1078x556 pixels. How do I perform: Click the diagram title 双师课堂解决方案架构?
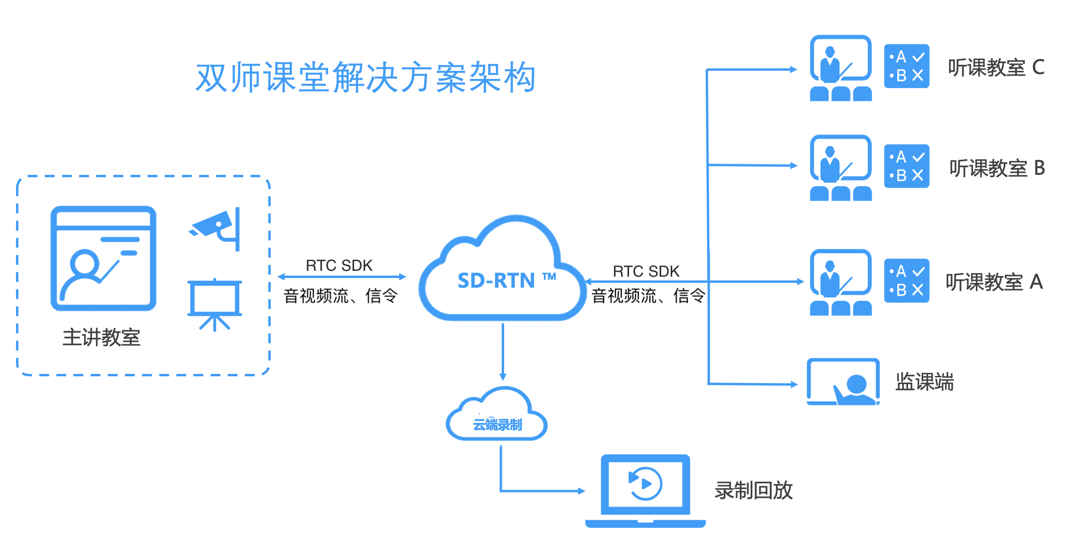pos(366,77)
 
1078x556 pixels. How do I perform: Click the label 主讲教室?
pos(101,337)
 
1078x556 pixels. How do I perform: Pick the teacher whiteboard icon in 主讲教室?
pos(103,259)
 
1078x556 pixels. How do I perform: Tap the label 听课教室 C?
pos(996,68)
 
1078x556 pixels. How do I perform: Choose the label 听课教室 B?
pos(997,168)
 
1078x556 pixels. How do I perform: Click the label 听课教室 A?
pos(994,282)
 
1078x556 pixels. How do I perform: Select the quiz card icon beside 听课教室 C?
pos(907,66)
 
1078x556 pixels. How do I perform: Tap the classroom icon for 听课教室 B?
pos(841,168)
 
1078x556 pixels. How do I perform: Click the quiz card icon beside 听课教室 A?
pos(907,281)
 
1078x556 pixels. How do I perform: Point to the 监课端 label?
pos(924,382)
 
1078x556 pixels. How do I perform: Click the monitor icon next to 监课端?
pos(843,382)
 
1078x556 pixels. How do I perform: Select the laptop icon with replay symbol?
pos(645,490)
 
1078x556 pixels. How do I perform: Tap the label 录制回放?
pos(754,490)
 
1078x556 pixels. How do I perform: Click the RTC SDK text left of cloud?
pos(339,265)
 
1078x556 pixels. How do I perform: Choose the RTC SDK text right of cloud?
pos(646,271)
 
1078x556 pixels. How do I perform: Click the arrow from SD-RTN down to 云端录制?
pos(503,351)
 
